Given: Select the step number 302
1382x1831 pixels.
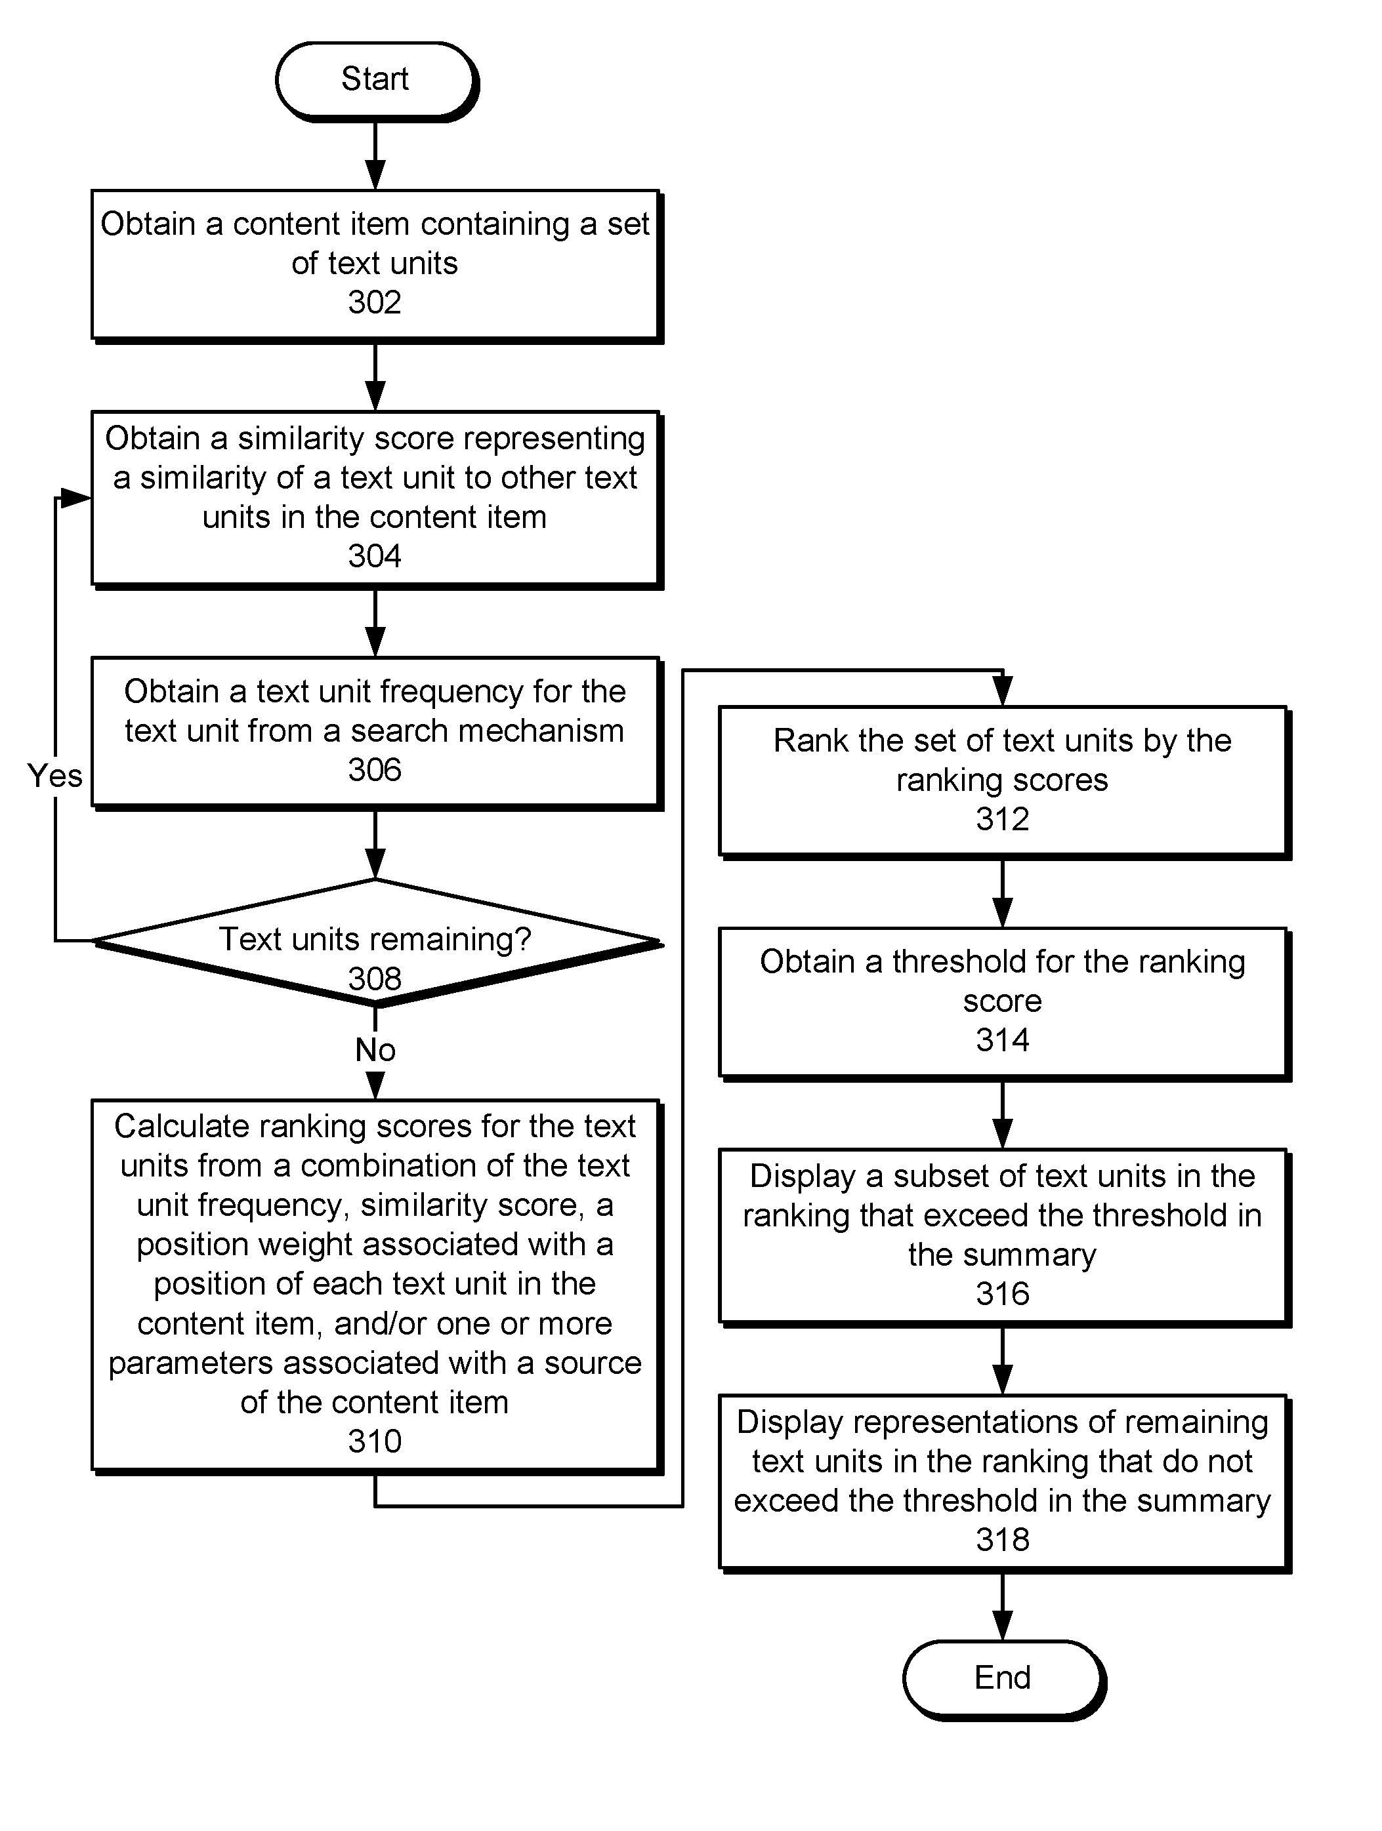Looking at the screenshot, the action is pyautogui.click(x=374, y=302).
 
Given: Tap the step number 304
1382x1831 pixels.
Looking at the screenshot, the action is pyautogui.click(x=374, y=555).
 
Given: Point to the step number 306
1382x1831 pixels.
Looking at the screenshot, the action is pyautogui.click(x=374, y=770).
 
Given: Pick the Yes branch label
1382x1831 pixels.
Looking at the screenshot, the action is pyautogui.click(x=54, y=776).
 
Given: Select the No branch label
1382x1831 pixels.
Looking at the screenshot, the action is pyautogui.click(x=375, y=1049).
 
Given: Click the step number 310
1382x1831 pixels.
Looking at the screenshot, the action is pyautogui.click(x=374, y=1441).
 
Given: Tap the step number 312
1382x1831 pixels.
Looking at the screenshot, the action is pyautogui.click(x=1002, y=818).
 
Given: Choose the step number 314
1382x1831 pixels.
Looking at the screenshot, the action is pyautogui.click(x=1002, y=1039).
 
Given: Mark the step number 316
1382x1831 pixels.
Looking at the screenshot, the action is pyautogui.click(x=1002, y=1294).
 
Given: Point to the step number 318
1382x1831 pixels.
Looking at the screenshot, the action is pyautogui.click(x=1002, y=1540).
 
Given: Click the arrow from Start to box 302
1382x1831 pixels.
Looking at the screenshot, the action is pyautogui.click(x=375, y=155).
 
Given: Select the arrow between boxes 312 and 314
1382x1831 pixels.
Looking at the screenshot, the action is pyautogui.click(x=1003, y=893).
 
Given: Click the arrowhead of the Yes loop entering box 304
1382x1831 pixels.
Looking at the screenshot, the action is pyautogui.click(x=76, y=498).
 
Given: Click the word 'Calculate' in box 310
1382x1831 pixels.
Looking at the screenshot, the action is pyautogui.click(x=181, y=1126).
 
